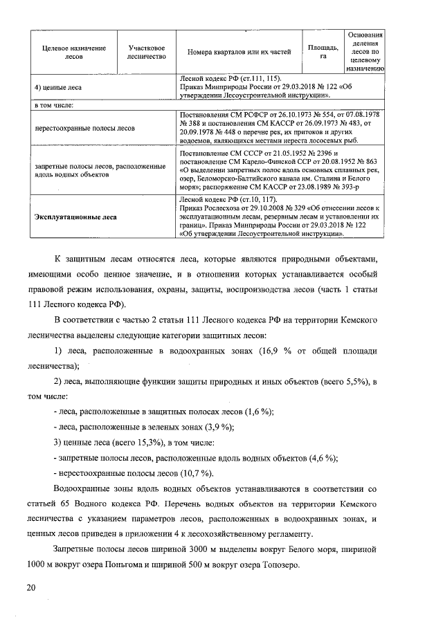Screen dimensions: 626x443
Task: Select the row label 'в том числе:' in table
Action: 54,105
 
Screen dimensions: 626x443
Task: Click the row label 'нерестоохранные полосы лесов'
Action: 84,128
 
